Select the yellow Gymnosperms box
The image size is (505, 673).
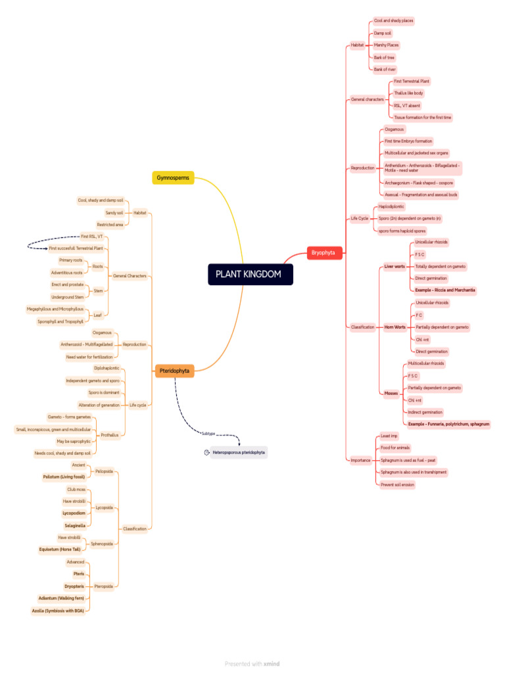pyautogui.click(x=173, y=177)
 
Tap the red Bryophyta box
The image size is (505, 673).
pyautogui.click(x=324, y=252)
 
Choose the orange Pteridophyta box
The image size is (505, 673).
pyautogui.click(x=174, y=371)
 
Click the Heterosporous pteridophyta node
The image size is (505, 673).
pyautogui.click(x=238, y=452)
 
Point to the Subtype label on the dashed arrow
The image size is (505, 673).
pyautogui.click(x=208, y=433)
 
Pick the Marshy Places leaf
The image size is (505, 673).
pyautogui.click(x=386, y=45)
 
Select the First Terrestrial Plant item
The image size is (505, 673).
pyautogui.click(x=412, y=81)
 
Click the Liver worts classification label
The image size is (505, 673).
pyautogui.click(x=395, y=266)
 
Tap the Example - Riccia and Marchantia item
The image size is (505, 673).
pyautogui.click(x=445, y=290)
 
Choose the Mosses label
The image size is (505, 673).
pyautogui.click(x=391, y=393)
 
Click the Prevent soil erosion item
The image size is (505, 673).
pyautogui.click(x=397, y=484)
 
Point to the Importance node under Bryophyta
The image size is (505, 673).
pyautogui.click(x=360, y=460)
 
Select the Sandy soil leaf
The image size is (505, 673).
pyautogui.click(x=114, y=213)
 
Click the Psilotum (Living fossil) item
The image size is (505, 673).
pyautogui.click(x=64, y=476)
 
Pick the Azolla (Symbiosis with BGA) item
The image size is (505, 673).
pyautogui.click(x=59, y=611)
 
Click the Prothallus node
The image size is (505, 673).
pyautogui.click(x=109, y=435)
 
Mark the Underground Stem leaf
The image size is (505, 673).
pyautogui.click(x=67, y=297)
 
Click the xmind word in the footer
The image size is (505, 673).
pyautogui.click(x=272, y=664)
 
